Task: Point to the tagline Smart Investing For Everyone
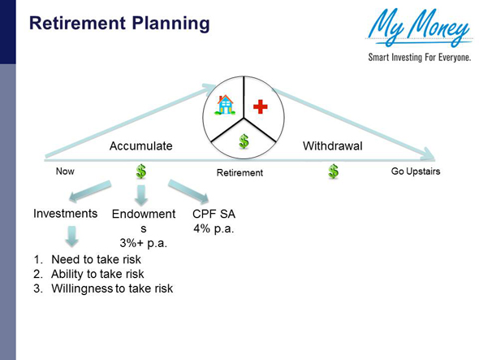419,59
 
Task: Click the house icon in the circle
224,104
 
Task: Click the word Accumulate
141,146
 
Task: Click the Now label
65,171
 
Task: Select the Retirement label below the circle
239,173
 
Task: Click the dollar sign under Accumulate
141,171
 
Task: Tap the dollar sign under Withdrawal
333,171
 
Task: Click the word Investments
66,214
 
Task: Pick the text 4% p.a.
213,228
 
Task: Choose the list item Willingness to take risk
112,288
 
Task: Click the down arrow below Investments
72,236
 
